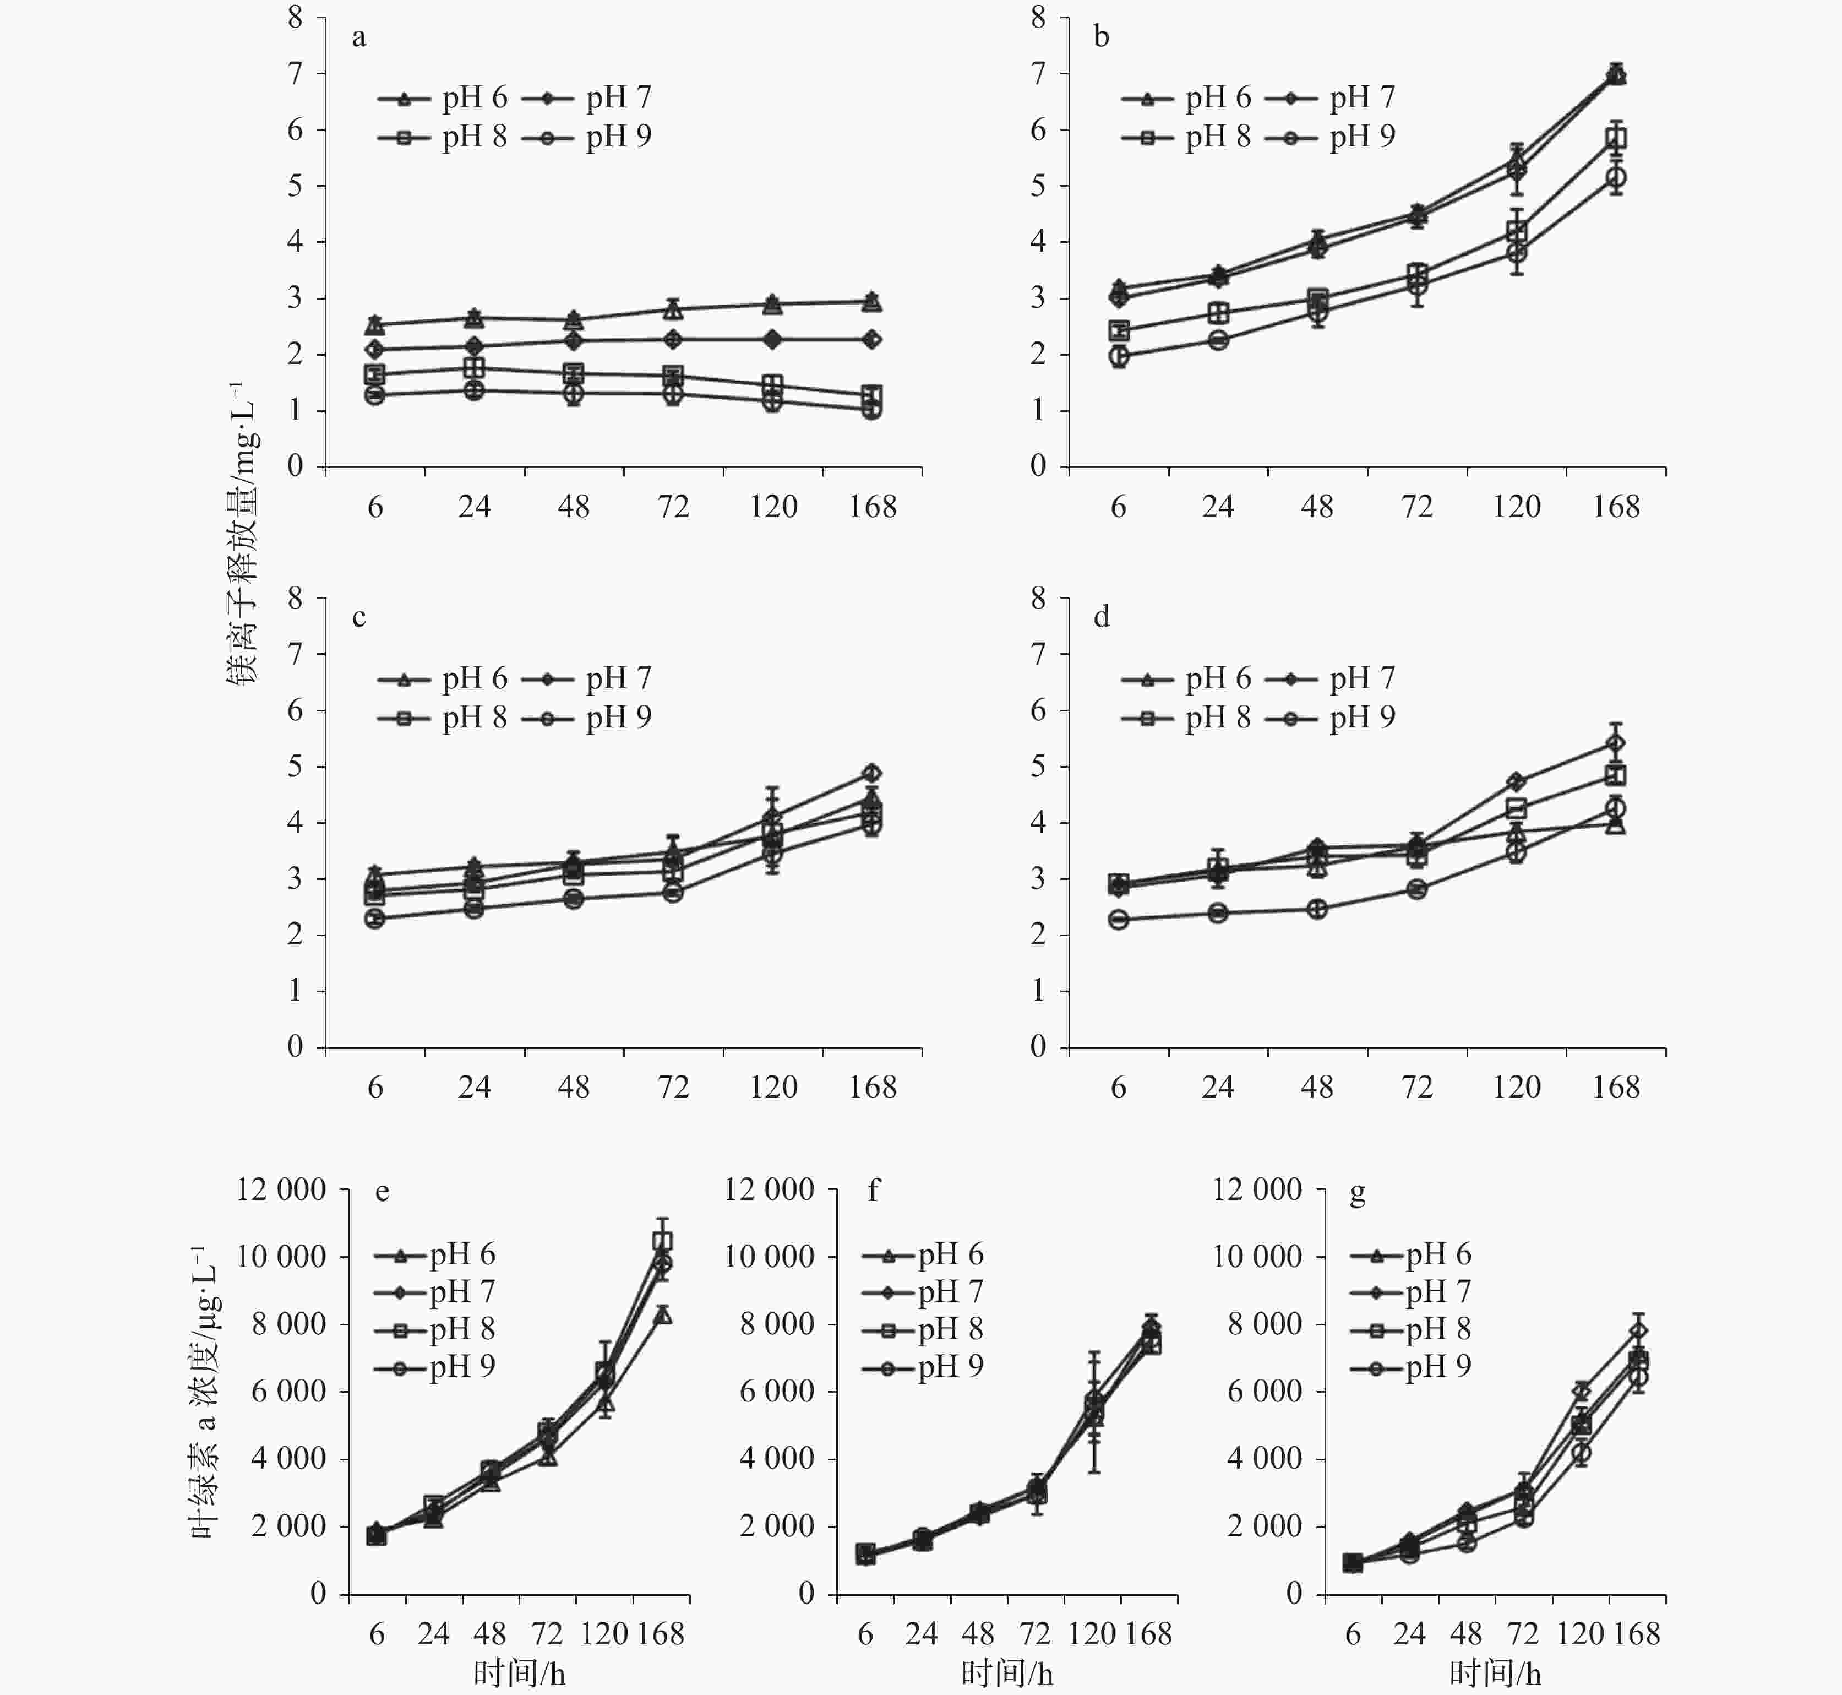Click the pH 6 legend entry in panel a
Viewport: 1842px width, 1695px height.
point(443,97)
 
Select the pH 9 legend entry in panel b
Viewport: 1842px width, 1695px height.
point(1331,137)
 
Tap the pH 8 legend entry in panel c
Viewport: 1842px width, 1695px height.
point(443,717)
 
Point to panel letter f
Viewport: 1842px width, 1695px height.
point(873,1192)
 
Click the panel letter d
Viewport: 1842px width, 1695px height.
point(1101,617)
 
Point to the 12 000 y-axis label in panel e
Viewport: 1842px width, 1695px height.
point(281,1189)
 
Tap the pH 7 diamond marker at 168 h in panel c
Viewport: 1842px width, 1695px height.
point(872,772)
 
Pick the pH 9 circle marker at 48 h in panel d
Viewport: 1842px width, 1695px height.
point(1317,909)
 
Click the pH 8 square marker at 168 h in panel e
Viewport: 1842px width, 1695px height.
point(662,1241)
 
